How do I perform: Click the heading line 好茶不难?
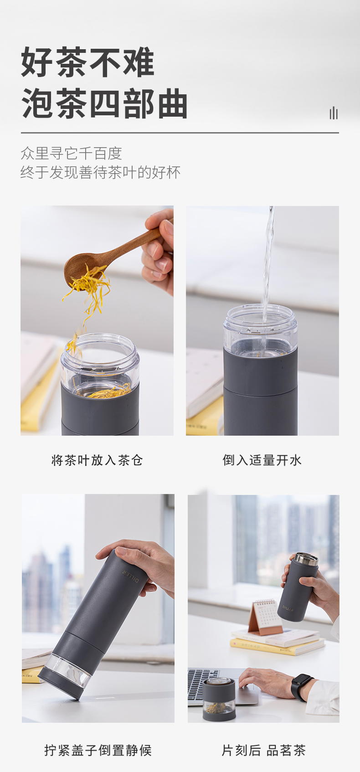tap(87, 62)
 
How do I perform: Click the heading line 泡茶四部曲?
tap(104, 103)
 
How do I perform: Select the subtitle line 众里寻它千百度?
tap(71, 153)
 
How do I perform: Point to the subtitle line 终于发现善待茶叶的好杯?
tap(100, 172)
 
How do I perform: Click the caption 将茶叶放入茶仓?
tap(97, 460)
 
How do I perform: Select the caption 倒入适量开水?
tap(262, 460)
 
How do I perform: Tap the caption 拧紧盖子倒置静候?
tap(98, 750)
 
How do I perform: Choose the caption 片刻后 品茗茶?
tap(263, 750)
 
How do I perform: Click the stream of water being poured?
tap(267, 272)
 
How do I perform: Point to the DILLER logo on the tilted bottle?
tap(131, 576)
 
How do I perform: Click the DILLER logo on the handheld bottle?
tap(288, 608)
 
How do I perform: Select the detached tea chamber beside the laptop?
tap(219, 699)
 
